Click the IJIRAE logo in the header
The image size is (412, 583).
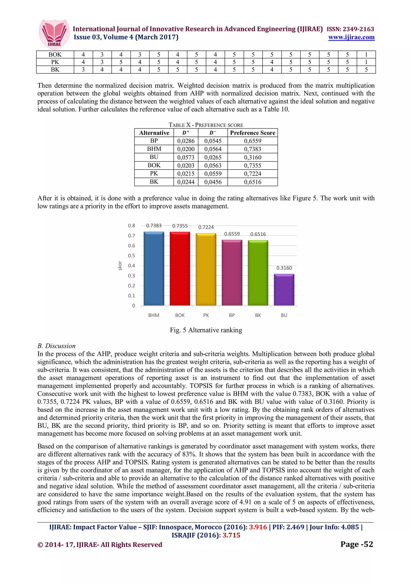point(54,34)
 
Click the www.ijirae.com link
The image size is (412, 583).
point(351,37)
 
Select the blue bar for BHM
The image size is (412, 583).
point(154,269)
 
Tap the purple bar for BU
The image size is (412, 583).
point(284,290)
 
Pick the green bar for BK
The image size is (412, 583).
point(258,273)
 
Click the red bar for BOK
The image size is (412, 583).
point(180,269)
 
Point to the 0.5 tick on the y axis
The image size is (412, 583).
point(132,256)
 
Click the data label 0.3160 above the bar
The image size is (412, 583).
point(284,268)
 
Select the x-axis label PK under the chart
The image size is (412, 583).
point(206,315)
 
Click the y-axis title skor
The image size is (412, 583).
point(120,266)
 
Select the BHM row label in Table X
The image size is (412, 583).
point(154,149)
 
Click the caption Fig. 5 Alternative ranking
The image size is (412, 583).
point(206,330)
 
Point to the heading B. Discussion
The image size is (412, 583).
point(56,346)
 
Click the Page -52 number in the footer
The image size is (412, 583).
point(356,544)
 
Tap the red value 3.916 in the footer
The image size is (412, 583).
point(258,527)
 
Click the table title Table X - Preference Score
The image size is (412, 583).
point(206,125)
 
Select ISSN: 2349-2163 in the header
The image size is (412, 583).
point(350,29)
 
